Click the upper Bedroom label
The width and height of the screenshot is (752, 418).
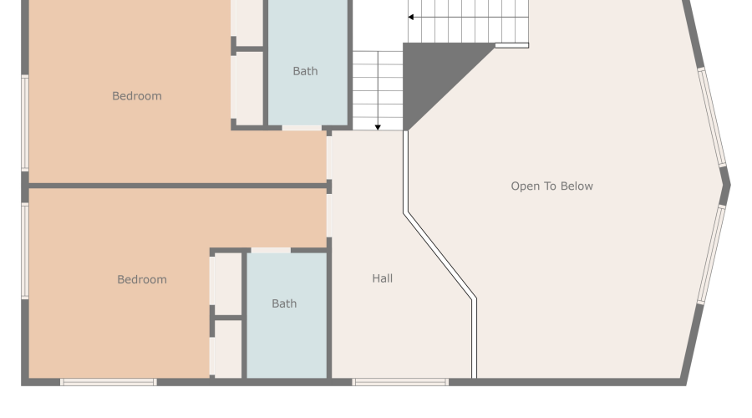(x=137, y=96)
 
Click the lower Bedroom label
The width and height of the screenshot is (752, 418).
(x=141, y=279)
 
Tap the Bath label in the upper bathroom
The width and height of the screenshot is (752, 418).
(x=305, y=71)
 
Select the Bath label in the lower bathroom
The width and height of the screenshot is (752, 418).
(x=284, y=303)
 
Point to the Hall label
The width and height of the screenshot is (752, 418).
(x=383, y=278)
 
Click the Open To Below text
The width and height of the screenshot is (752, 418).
(x=551, y=186)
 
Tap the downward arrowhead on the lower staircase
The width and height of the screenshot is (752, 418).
(x=378, y=127)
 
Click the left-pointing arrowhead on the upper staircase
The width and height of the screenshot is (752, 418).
(x=411, y=17)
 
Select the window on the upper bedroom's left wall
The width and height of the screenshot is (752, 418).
(x=25, y=123)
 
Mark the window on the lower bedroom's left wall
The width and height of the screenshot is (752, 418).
(x=25, y=251)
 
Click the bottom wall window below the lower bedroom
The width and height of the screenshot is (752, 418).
(x=109, y=382)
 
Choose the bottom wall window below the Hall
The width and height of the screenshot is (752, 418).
(x=400, y=382)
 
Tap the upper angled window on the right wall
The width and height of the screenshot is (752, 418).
(x=712, y=117)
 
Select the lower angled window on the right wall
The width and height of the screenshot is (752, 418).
(x=711, y=255)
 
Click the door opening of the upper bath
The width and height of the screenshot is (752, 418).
(x=302, y=128)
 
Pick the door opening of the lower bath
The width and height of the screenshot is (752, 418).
(x=271, y=250)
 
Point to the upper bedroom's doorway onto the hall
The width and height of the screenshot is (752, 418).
(x=329, y=157)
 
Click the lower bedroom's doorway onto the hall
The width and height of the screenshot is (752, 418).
(x=329, y=216)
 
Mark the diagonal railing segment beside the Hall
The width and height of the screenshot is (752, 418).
(x=440, y=255)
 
